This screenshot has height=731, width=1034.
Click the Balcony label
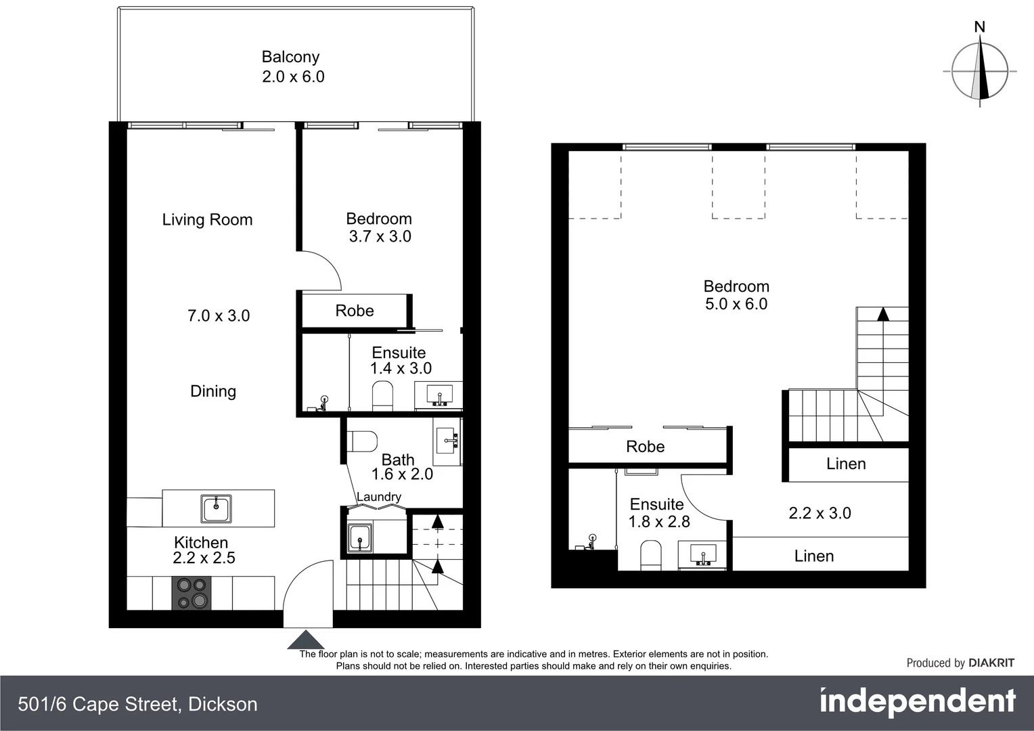290,57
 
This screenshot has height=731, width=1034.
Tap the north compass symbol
980,70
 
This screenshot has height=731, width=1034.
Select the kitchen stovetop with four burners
192,593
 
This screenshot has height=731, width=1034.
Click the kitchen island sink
217,508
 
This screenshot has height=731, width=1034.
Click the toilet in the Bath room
362,441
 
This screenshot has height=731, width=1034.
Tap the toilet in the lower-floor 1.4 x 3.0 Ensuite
382,396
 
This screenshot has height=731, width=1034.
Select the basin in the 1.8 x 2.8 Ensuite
704,554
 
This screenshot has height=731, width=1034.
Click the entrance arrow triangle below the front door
307,640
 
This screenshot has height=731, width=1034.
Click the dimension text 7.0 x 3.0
219,315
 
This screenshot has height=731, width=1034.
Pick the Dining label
213,391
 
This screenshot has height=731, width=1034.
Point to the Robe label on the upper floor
645,447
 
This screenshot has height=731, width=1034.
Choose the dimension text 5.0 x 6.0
736,304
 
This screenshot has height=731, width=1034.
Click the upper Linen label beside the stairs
846,464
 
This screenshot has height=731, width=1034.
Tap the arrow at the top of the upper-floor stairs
882,314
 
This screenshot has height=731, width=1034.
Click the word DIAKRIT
991,663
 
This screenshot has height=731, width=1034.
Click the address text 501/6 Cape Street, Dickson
138,705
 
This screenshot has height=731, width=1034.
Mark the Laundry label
379,497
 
